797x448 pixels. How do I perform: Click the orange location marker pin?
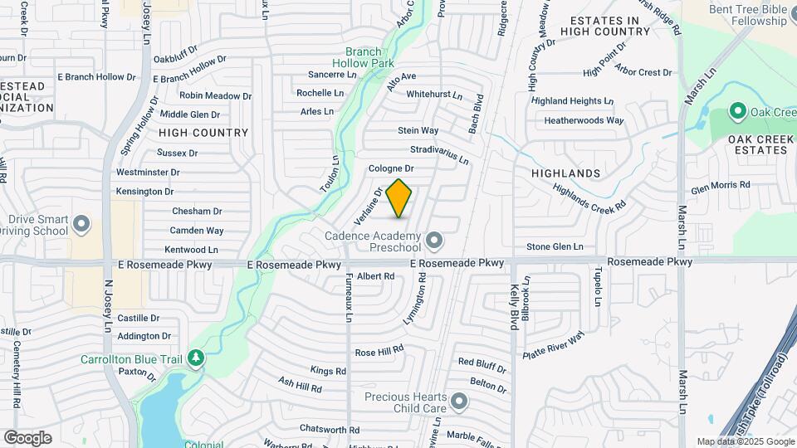tap(399, 197)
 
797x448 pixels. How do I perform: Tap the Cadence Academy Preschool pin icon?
tap(433, 241)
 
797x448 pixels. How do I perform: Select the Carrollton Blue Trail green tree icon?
tap(196, 358)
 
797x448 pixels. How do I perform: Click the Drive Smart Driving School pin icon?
tap(81, 224)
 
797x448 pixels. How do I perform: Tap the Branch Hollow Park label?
tap(363, 57)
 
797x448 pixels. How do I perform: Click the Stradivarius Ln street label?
tap(439, 153)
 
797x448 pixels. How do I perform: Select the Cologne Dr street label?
tap(391, 168)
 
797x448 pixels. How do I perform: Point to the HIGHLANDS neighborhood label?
tap(566, 173)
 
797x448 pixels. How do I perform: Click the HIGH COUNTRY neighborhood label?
tap(203, 133)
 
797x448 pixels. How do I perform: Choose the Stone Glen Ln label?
tap(555, 246)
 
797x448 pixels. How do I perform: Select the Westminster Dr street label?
tap(148, 173)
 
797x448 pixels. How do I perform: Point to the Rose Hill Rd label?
tap(379, 353)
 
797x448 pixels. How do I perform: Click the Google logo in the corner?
tap(27, 438)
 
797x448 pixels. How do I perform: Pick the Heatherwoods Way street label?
tap(584, 120)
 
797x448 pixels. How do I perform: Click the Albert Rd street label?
tap(375, 276)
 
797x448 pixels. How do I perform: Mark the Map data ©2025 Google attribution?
tap(746, 441)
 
